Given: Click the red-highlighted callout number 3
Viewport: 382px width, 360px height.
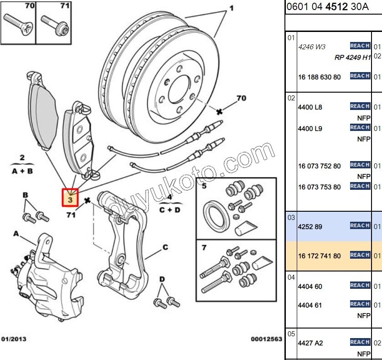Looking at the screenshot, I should pyautogui.click(x=70, y=198).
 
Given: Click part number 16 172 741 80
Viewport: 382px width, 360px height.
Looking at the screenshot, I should pyautogui.click(x=319, y=256).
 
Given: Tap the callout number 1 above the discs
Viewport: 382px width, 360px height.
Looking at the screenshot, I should pyautogui.click(x=231, y=8).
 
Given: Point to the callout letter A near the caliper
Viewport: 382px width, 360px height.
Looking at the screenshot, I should pyautogui.click(x=15, y=234).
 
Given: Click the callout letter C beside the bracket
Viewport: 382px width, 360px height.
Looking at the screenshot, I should pyautogui.click(x=165, y=247).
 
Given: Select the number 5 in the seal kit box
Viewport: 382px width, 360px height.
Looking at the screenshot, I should pyautogui.click(x=204, y=186).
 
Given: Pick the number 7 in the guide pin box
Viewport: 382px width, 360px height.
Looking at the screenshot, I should pyautogui.click(x=204, y=248).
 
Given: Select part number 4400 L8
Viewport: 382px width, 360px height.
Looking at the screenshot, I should pyautogui.click(x=310, y=107).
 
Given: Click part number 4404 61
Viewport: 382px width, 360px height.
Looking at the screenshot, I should pyautogui.click(x=310, y=305).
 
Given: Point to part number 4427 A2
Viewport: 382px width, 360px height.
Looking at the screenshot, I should pyautogui.click(x=310, y=343).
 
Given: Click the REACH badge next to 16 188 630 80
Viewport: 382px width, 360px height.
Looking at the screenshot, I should pyautogui.click(x=360, y=76).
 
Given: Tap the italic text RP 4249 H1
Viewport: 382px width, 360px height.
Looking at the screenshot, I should pyautogui.click(x=353, y=57).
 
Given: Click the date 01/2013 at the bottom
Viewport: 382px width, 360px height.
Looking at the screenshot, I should pyautogui.click(x=14, y=339).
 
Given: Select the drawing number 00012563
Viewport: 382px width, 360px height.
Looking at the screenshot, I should pyautogui.click(x=266, y=339).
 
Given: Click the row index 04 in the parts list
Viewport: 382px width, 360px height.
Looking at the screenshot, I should pyautogui.click(x=292, y=277).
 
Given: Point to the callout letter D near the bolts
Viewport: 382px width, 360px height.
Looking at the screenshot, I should pyautogui.click(x=162, y=279).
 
